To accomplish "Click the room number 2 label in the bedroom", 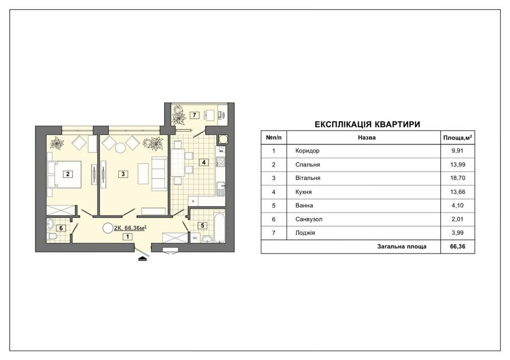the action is (68, 174).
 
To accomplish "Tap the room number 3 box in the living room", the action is (123, 174).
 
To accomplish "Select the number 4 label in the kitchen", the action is (203, 162).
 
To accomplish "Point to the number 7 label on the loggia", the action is (194, 115).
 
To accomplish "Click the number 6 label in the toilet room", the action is (61, 228).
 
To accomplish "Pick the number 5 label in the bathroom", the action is (202, 225).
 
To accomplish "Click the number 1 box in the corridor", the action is (127, 237).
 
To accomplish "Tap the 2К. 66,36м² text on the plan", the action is (130, 228).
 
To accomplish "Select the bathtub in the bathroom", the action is (219, 227).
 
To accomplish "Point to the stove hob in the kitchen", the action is (221, 162).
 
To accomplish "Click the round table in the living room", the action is (121, 148).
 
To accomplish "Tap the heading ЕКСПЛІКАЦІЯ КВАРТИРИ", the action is (368, 124).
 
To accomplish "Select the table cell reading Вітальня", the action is (308, 178).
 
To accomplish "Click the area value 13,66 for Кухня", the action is (457, 192).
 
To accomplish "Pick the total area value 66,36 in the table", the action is (457, 246).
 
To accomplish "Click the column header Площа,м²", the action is (457, 138).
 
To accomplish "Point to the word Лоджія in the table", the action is (305, 233).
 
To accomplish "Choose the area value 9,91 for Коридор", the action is (457, 150).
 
